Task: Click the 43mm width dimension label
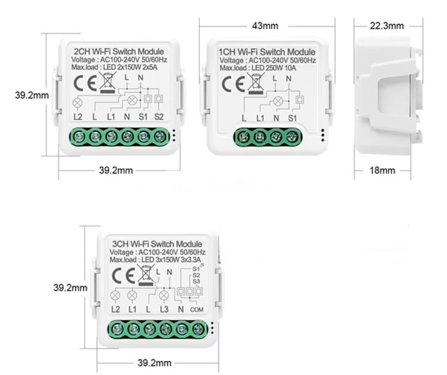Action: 265,26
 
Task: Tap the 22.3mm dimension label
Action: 386,26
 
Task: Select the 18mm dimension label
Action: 382,170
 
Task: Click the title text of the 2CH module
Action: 119,52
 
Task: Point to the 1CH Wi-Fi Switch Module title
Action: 267,52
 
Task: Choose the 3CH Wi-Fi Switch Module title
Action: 157,244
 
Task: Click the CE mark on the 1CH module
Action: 233,84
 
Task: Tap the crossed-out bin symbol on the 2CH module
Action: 107,82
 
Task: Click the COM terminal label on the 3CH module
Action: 197,310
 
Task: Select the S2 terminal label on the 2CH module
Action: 159,116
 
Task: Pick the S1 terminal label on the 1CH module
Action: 292,118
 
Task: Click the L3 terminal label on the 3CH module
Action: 164,309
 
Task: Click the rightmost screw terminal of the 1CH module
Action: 292,137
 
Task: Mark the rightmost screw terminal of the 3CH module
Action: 197,329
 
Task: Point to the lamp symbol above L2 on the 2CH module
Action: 77,103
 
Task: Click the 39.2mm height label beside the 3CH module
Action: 70,287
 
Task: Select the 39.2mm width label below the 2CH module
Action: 116,170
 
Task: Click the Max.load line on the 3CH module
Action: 155,260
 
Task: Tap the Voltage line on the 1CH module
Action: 268,61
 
